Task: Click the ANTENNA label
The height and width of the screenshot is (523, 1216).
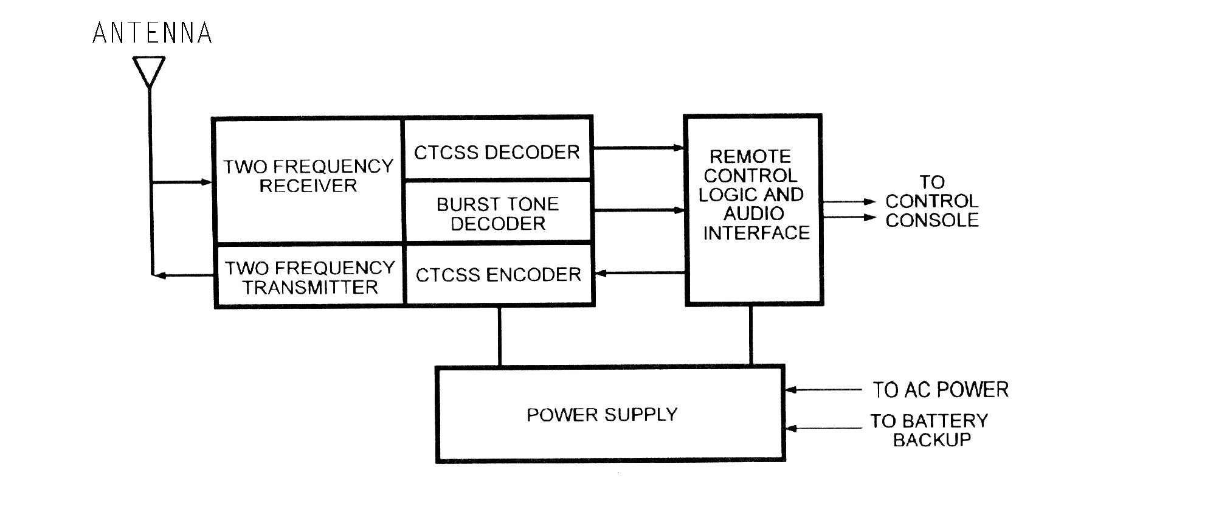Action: click(x=152, y=33)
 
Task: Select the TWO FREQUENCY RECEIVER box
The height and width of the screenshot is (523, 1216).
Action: click(x=308, y=176)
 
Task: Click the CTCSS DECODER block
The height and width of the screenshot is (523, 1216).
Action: click(x=497, y=152)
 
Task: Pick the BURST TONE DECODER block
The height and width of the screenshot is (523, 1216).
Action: click(x=497, y=213)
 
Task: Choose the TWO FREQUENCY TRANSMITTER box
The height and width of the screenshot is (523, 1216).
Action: click(x=310, y=277)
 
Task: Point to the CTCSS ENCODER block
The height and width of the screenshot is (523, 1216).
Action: click(x=498, y=275)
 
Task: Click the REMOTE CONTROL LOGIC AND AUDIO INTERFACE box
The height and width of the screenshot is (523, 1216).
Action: click(x=753, y=195)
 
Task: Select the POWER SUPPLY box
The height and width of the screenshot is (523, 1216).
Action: click(x=610, y=415)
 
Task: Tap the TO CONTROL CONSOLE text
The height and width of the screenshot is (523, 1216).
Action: click(x=931, y=201)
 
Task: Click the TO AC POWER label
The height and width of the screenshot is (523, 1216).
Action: click(x=940, y=390)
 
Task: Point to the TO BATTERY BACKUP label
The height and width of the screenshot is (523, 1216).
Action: click(x=930, y=430)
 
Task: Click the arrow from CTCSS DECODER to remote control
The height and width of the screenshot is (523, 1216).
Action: click(x=638, y=148)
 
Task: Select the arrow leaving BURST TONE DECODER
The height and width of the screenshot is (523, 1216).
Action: click(x=638, y=210)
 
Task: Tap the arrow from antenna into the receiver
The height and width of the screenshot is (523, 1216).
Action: click(x=182, y=182)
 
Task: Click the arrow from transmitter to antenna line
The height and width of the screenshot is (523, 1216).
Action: click(x=182, y=275)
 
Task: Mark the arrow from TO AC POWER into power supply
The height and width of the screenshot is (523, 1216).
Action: click(x=823, y=390)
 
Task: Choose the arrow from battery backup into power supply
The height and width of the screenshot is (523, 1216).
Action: click(x=823, y=429)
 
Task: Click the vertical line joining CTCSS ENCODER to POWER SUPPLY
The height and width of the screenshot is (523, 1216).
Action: click(x=500, y=336)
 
